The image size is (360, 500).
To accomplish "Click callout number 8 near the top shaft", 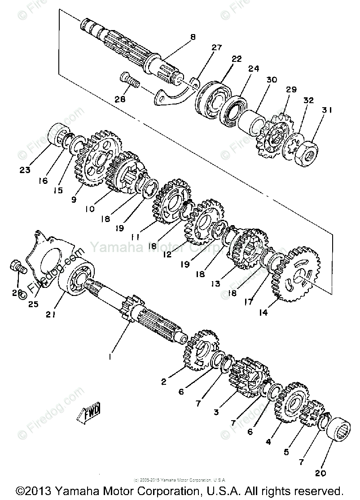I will [x=193, y=37].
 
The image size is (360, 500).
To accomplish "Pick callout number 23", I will [x=25, y=170].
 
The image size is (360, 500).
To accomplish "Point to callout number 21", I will [x=51, y=315].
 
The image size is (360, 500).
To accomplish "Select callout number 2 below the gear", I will [x=163, y=382].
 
